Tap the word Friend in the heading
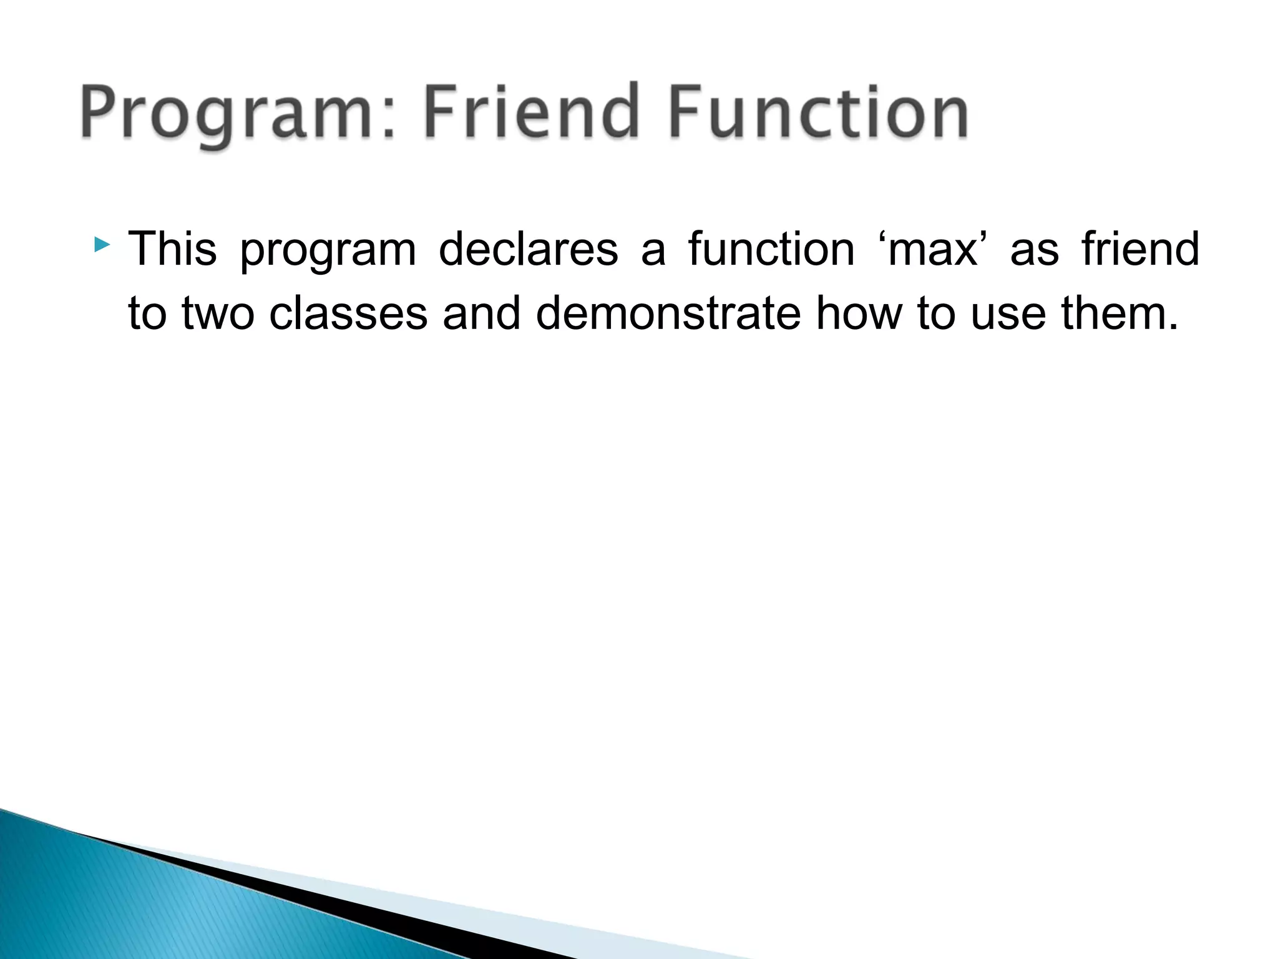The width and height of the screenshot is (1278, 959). (530, 112)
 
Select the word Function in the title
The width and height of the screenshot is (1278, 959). (818, 112)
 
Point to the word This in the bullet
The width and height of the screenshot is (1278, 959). (172, 248)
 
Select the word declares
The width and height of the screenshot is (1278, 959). (528, 248)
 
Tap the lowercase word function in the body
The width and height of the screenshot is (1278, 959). (771, 248)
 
